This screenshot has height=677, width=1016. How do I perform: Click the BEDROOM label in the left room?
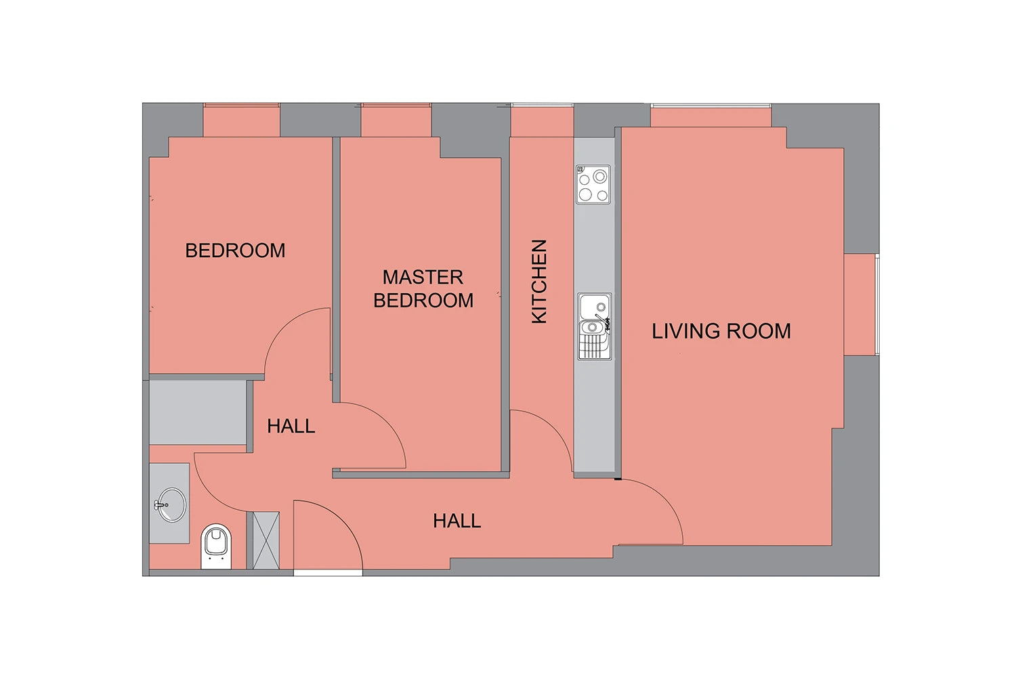coord(235,250)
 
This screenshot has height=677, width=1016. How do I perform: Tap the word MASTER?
coord(423,277)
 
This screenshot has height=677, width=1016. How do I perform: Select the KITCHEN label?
coord(539,281)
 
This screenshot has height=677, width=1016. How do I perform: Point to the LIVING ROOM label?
coord(721,331)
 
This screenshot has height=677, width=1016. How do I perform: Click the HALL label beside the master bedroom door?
coord(291,427)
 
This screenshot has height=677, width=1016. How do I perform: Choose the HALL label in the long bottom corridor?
coord(457,521)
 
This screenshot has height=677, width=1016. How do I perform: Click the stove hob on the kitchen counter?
coord(593,185)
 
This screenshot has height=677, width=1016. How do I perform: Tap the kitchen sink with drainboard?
coord(595,326)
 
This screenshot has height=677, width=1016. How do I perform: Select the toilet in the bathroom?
coord(216,546)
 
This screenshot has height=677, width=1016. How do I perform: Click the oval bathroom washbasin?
coord(171,504)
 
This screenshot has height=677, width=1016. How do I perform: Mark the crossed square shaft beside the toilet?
coord(266,540)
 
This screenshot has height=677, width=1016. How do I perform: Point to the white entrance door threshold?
coord(328,573)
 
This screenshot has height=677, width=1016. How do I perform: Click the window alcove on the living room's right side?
coord(860,305)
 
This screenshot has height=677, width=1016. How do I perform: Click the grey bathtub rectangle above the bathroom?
coord(198,413)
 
